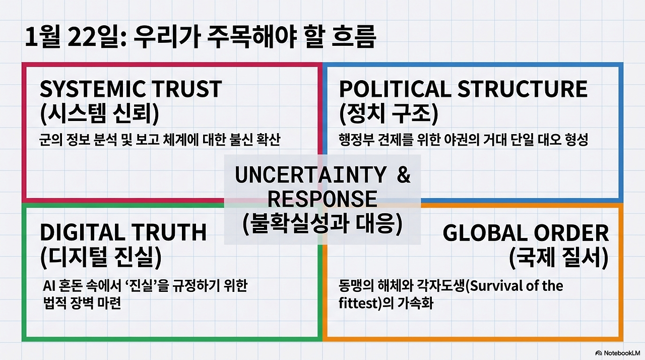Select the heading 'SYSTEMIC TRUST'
[x=131, y=89]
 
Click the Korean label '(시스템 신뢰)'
[x=99, y=113]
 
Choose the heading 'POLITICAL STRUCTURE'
[x=463, y=89]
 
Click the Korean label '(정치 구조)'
[x=389, y=113]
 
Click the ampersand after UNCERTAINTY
[x=404, y=175]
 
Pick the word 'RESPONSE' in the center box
[x=322, y=199]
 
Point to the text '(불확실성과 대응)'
[x=322, y=223]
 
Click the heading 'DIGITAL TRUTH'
[x=123, y=232]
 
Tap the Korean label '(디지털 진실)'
[x=100, y=257]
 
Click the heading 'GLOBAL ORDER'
[x=526, y=233]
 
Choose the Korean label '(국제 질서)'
[x=558, y=257]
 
